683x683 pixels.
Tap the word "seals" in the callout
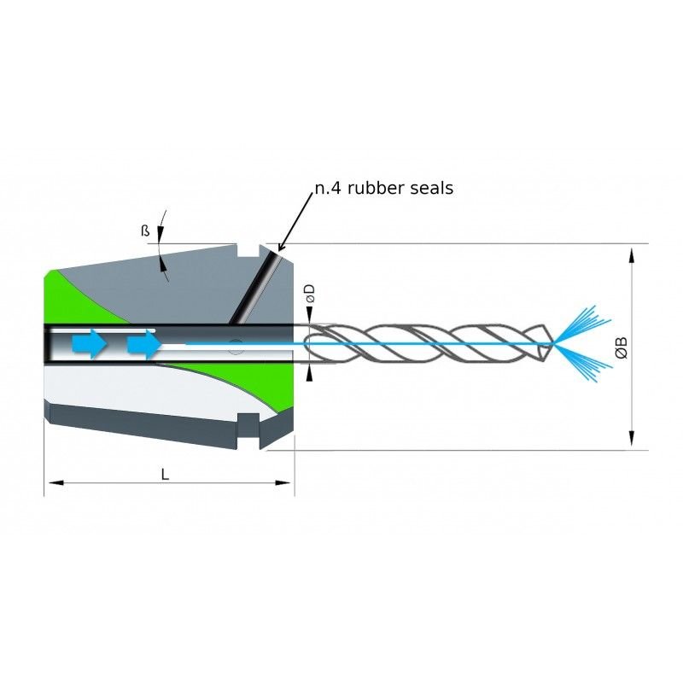click(x=429, y=188)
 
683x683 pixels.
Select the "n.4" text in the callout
click(x=327, y=188)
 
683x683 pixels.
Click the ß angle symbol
click(x=145, y=231)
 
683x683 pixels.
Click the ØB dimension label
click(x=622, y=347)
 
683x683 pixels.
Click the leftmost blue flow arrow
click(x=89, y=345)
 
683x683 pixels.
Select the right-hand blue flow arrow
click(x=143, y=345)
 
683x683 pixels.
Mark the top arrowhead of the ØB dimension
click(x=631, y=254)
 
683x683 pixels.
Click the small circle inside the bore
click(x=236, y=347)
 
